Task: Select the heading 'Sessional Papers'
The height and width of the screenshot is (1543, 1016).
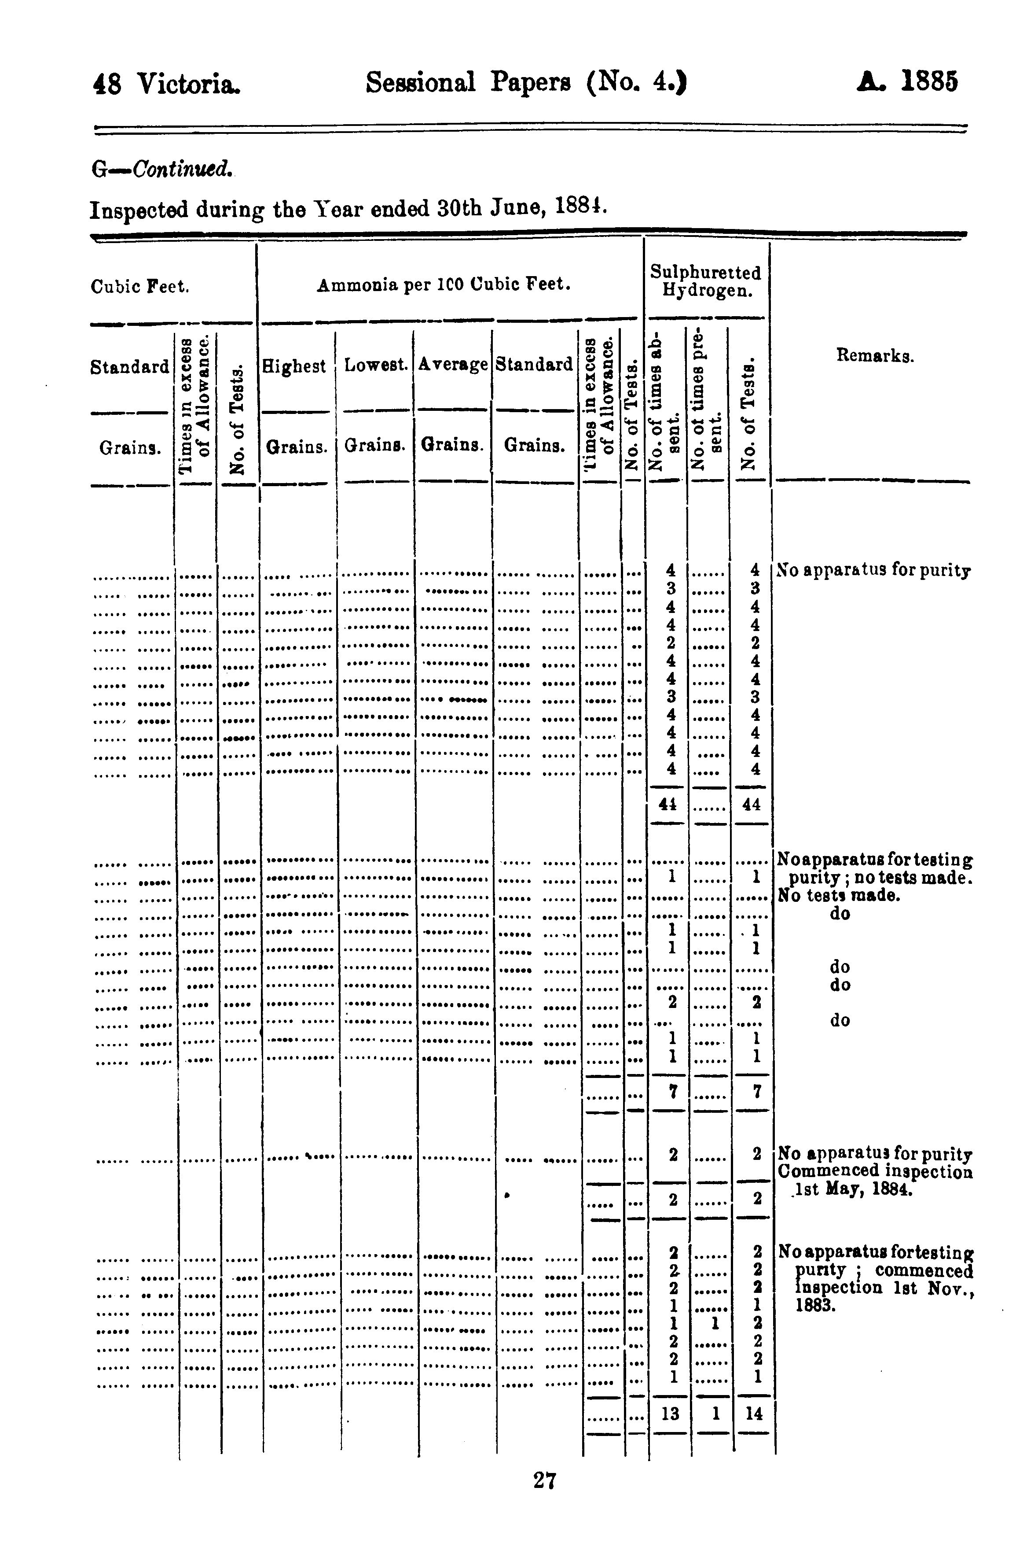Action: click(x=468, y=83)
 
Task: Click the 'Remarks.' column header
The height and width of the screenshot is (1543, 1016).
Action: click(x=875, y=355)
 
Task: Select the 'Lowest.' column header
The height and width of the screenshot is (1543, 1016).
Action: click(x=376, y=365)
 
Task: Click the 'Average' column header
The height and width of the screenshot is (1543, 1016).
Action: click(x=452, y=364)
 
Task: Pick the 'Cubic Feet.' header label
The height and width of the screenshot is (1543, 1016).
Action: click(x=140, y=287)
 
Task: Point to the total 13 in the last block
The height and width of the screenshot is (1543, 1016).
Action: click(x=670, y=1414)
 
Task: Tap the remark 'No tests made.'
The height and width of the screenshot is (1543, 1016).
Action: click(x=839, y=896)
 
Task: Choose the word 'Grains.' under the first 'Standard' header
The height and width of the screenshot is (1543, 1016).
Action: click(x=130, y=447)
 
